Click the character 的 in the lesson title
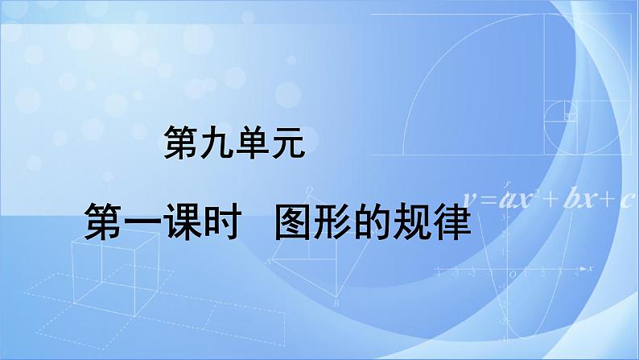point(372,222)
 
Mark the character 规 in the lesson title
point(411,222)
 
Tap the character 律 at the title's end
point(451,222)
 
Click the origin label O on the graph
point(513,275)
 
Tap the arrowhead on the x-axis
point(583,269)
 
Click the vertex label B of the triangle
point(336,303)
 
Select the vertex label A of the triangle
point(268,261)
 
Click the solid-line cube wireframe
point(116,274)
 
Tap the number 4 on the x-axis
point(577,274)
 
